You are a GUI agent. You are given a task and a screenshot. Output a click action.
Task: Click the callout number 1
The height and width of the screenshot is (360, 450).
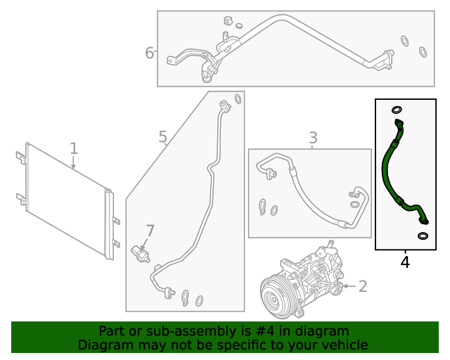point(74,148)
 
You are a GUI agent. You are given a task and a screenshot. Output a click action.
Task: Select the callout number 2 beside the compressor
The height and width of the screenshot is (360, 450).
point(363,286)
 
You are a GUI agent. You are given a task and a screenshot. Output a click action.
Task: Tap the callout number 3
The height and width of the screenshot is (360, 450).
point(313,138)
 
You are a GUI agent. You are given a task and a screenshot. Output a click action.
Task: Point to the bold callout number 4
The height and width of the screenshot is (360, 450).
point(405,262)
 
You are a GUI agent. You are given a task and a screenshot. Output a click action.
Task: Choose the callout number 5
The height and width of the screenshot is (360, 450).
point(162,137)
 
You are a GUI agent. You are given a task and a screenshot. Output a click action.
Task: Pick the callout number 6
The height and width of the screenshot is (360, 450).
point(149,53)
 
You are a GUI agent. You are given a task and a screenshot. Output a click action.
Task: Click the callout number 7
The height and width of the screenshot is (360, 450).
point(149,231)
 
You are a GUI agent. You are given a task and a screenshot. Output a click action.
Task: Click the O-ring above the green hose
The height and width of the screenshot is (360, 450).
point(397,110)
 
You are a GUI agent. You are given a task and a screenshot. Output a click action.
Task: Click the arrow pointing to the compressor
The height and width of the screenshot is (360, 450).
point(349,286)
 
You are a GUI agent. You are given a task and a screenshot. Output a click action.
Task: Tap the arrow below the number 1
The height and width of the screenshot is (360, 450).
point(73,163)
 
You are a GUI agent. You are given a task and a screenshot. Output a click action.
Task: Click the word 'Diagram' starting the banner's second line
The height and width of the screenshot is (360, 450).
point(102,345)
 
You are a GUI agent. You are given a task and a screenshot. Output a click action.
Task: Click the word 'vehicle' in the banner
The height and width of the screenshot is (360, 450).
point(344,345)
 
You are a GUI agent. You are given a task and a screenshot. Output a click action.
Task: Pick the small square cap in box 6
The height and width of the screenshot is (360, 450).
point(229,20)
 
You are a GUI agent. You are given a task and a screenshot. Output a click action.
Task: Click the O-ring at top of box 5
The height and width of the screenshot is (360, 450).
point(238,99)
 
